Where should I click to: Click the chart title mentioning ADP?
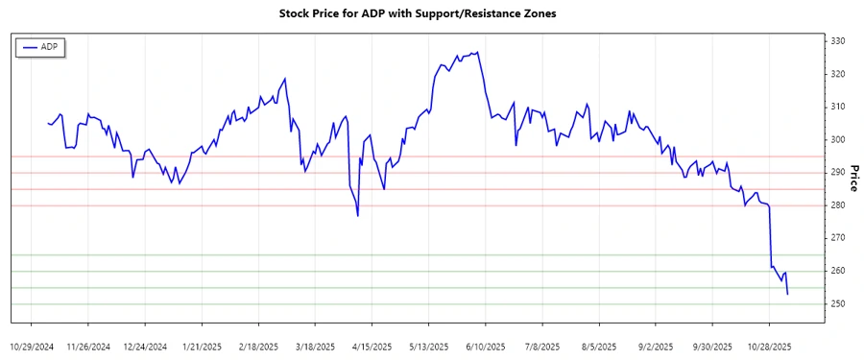(417, 13)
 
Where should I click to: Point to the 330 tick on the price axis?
(838, 41)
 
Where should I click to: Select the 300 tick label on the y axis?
(838, 140)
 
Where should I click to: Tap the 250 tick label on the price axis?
(838, 304)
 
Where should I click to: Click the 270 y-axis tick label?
(838, 238)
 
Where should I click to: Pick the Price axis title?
(853, 173)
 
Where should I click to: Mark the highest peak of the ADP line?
(477, 52)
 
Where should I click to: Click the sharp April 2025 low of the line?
(358, 216)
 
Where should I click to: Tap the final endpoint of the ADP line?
(788, 294)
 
